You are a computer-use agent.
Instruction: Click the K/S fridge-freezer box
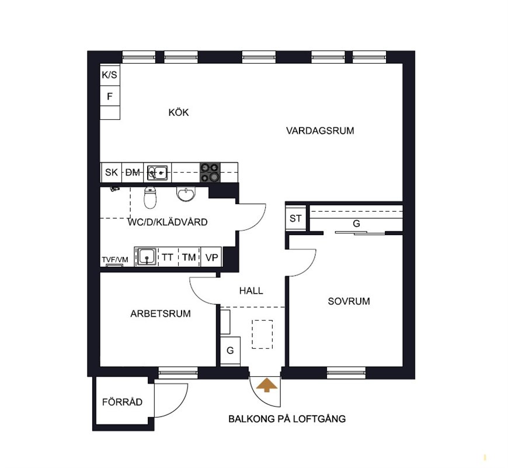click(x=110, y=75)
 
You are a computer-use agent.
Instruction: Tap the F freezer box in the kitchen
click(x=110, y=97)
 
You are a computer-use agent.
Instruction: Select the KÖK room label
click(x=179, y=113)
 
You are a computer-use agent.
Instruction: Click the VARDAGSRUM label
click(x=320, y=131)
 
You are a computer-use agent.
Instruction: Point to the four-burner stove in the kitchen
click(x=210, y=173)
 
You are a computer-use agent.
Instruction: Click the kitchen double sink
click(x=158, y=173)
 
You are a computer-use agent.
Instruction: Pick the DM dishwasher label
click(x=133, y=173)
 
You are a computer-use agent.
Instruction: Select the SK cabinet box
click(x=111, y=173)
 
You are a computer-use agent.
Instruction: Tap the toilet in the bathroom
click(x=150, y=197)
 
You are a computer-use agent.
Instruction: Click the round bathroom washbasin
click(x=186, y=194)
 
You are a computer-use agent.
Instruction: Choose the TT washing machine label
click(x=168, y=257)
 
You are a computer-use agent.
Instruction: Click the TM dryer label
click(x=189, y=257)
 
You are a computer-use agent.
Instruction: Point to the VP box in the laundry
click(x=211, y=257)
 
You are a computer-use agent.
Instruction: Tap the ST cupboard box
click(x=295, y=218)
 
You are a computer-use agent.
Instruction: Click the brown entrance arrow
click(x=267, y=385)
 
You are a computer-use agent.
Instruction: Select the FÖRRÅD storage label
click(x=122, y=402)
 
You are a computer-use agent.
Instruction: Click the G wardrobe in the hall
click(x=230, y=351)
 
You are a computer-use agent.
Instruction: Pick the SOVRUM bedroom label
click(x=349, y=301)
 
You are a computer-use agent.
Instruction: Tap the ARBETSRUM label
click(x=161, y=314)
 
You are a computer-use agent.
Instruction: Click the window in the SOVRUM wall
click(x=346, y=373)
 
